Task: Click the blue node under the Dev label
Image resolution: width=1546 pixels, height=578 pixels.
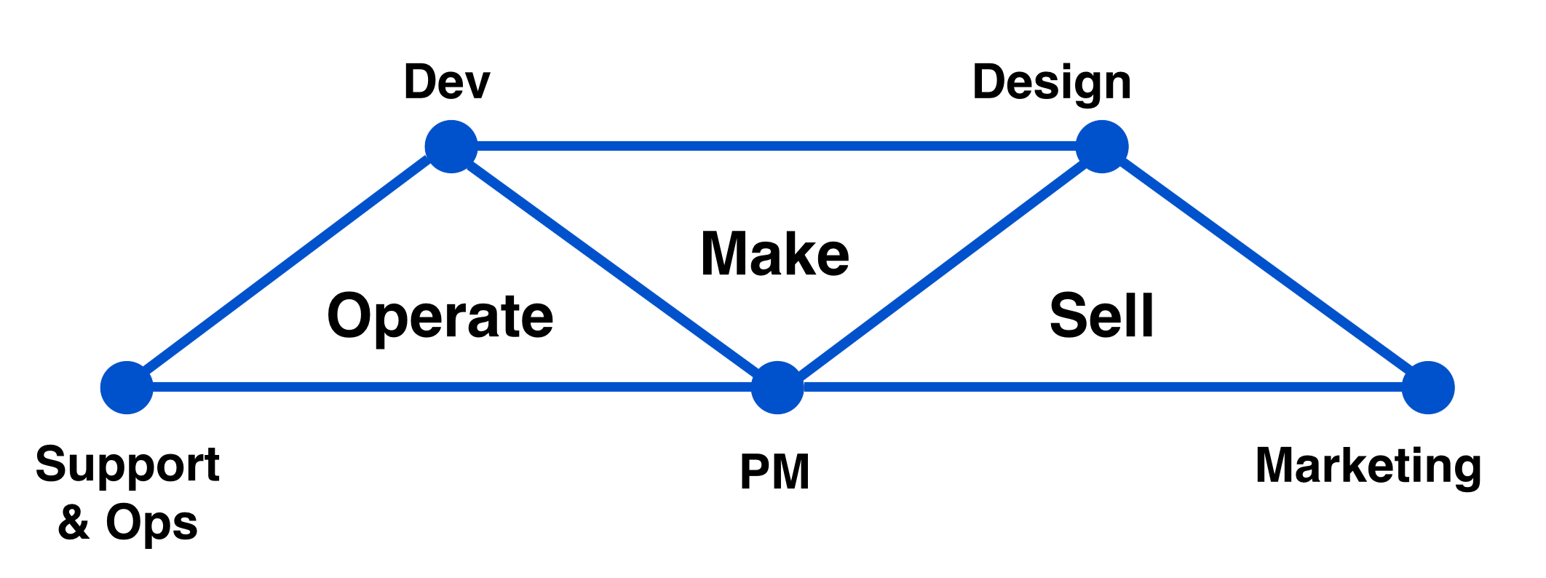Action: click(451, 146)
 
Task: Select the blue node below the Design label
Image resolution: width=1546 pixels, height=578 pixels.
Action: click(1102, 146)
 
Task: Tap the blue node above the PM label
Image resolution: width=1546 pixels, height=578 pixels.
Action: click(777, 387)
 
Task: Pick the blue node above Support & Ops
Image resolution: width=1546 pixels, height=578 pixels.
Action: click(127, 387)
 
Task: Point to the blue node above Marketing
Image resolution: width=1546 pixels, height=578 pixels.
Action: click(1428, 387)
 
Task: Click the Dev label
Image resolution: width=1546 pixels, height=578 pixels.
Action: click(447, 82)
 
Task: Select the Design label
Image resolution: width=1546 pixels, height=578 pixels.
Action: click(1052, 83)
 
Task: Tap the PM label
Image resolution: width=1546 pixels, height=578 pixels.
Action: click(774, 472)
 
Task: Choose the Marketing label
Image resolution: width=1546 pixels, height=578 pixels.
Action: click(1368, 467)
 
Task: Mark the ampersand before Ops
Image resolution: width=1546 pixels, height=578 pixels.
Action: click(74, 523)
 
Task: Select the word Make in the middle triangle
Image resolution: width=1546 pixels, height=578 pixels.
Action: click(774, 253)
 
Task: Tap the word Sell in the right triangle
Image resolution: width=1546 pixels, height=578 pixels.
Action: click(1101, 315)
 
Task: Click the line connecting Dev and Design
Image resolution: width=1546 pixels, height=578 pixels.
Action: click(777, 146)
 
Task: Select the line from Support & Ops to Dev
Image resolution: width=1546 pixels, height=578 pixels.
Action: click(289, 267)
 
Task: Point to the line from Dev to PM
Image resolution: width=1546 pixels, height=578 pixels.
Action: click(614, 267)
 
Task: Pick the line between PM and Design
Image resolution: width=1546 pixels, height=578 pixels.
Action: click(940, 267)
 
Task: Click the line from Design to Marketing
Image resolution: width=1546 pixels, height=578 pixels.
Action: click(1265, 267)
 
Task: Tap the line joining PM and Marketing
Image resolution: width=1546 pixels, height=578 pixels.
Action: click(1103, 387)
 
